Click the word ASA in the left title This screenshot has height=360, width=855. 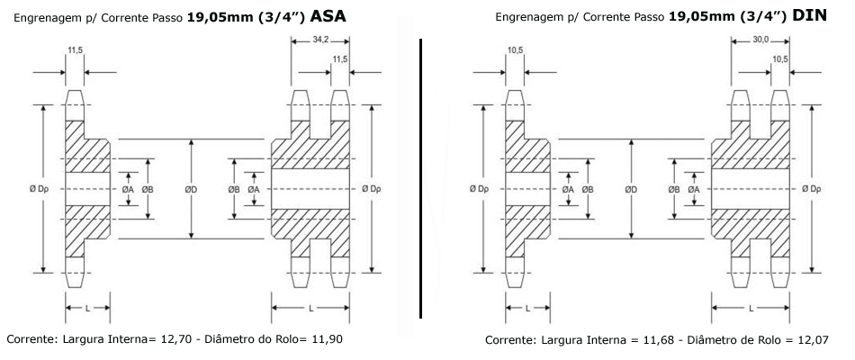point(328,16)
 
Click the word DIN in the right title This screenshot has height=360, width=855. point(810,16)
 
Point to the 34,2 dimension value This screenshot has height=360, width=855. point(320,40)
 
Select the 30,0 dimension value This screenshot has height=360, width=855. point(760,40)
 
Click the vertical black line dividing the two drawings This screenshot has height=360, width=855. point(421,178)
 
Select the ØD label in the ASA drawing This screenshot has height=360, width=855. point(191,189)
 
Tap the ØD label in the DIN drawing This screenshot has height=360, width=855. point(631,189)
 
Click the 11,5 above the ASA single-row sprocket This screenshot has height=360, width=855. point(75,50)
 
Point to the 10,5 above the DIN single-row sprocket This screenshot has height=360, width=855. point(515,50)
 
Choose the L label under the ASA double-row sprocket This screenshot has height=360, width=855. point(310,308)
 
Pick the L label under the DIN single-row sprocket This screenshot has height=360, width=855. point(527,308)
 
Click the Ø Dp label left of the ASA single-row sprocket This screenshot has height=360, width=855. point(40,189)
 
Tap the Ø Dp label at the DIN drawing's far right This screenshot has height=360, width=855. point(812,189)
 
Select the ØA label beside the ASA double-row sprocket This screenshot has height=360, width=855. point(254,189)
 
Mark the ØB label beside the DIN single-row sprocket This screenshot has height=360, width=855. point(588,189)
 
